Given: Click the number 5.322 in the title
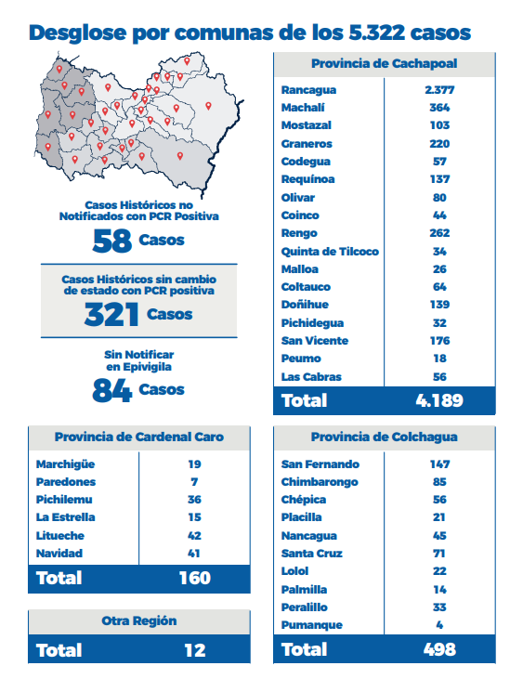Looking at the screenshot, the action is point(376,33).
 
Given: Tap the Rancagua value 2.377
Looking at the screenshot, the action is point(439,90).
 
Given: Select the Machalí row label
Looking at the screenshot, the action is point(303,108).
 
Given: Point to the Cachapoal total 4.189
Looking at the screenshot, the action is point(439,400).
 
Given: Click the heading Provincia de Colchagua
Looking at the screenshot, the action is point(384,437).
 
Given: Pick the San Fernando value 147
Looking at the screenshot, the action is point(440,464).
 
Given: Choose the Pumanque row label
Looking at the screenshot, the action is point(312,625).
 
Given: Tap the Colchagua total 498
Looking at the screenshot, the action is point(439,649).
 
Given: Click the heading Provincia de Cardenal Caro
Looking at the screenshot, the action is point(139,437).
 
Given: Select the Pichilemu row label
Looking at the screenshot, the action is point(64,500).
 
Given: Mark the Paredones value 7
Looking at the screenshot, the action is point(194,482).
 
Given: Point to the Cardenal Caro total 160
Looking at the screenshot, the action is point(195,578).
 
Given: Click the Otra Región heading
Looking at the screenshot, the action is point(139,621).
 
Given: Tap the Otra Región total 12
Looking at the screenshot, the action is point(195,650).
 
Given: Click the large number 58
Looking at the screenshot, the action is point(112,241).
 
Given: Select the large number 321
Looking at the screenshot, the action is point(111,315).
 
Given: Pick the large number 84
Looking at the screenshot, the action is point(112,391).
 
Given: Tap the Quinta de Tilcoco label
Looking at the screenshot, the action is point(330,252).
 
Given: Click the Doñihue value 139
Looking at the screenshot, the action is point(440,305).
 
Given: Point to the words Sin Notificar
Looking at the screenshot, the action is point(139,355).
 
